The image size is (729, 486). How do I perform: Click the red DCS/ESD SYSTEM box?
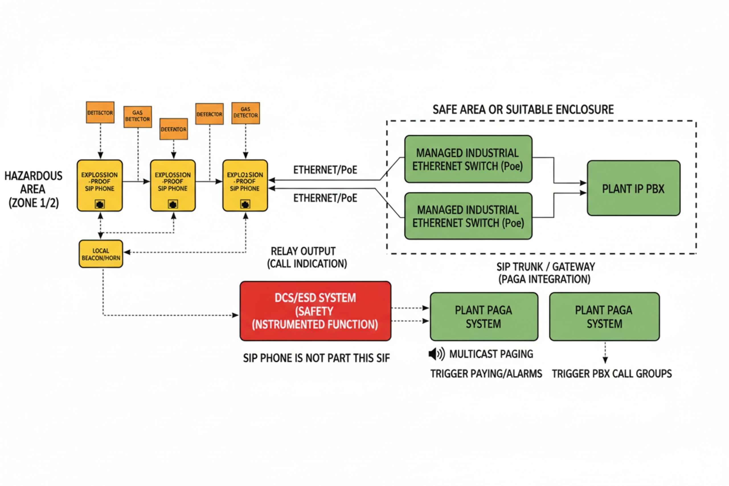coord(315,311)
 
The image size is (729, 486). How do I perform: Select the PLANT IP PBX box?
coord(633,188)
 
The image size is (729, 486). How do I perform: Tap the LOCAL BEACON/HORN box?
coord(101,254)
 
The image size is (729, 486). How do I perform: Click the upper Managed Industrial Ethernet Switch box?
coord(468,159)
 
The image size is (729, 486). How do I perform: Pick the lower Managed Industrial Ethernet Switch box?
coord(468,216)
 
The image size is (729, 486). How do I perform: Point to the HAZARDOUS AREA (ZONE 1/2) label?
coord(33,189)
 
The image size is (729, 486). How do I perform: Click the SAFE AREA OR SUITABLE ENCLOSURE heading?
coord(523,109)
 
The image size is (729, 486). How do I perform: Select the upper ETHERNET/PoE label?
coord(325,170)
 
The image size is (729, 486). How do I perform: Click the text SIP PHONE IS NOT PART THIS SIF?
coord(316,358)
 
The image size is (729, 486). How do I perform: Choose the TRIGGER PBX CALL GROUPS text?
coord(611,374)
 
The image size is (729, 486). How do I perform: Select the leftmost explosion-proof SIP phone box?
coord(99,185)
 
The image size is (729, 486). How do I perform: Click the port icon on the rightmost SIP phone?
coord(245,204)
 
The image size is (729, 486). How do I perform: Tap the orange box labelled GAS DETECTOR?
coord(245,113)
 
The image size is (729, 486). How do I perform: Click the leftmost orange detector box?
coord(100,112)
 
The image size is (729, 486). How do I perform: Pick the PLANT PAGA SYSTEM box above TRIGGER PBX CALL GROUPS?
coord(604,317)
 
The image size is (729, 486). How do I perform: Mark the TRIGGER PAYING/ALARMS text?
coord(486,374)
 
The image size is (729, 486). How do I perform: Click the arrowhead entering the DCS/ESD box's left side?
coord(236,315)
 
